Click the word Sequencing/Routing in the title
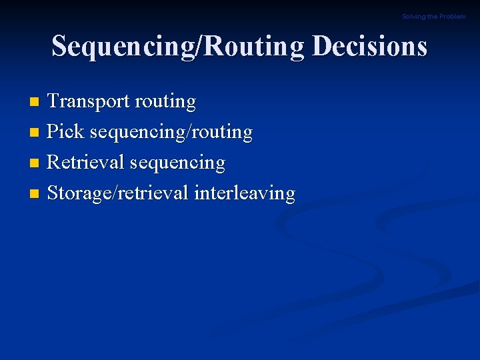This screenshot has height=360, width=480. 178,47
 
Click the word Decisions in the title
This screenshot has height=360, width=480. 369,46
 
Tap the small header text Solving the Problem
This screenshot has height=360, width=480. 433,17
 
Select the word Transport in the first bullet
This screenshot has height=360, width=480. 88,101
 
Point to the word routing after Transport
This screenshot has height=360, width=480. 165,102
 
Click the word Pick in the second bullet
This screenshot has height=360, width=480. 65,131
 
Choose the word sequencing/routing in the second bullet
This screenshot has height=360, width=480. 171,133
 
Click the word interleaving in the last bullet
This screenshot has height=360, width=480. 244,193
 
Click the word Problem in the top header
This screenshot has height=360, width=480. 453,17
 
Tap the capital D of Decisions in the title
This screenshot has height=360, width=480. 321,46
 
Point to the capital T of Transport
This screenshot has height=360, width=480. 53,101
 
